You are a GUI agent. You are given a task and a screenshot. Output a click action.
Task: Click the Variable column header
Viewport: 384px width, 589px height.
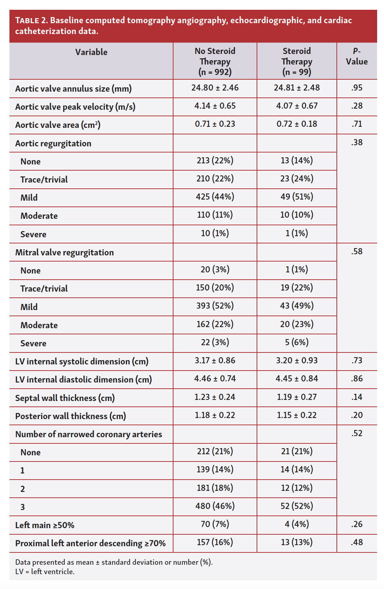[x=91, y=52]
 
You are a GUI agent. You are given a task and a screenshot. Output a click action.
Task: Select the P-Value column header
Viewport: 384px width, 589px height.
[x=356, y=57]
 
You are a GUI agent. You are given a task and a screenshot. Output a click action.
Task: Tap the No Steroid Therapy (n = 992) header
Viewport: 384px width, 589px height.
[x=215, y=61]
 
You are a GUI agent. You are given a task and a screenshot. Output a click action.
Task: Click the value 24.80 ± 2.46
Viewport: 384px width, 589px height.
[x=215, y=88]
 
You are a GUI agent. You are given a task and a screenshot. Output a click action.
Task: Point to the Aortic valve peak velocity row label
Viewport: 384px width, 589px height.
[x=75, y=107]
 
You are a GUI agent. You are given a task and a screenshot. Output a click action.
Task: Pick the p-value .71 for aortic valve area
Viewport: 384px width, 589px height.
[x=356, y=124]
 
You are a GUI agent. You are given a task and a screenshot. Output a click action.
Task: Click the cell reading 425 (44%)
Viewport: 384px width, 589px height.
[x=215, y=197]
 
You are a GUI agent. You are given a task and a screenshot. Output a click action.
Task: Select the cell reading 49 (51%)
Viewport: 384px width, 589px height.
[x=297, y=197]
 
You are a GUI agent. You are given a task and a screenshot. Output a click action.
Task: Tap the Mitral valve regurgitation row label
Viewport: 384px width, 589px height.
[x=64, y=252]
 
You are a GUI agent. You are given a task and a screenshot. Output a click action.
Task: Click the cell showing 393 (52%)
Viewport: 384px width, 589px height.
[x=215, y=306]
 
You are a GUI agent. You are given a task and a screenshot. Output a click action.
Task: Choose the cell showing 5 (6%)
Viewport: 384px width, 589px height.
[x=297, y=342]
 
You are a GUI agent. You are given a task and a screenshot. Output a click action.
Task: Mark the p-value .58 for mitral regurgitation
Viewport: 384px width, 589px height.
[x=356, y=251]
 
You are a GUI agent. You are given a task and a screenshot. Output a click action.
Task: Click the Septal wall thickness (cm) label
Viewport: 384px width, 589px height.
[x=65, y=398]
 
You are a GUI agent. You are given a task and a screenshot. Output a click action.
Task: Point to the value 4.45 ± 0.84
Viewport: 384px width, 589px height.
[x=297, y=379]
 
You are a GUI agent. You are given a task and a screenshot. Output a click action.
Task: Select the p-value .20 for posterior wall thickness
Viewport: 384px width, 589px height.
[x=356, y=415]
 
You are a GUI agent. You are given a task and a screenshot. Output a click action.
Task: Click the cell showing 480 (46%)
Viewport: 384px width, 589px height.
[x=215, y=506]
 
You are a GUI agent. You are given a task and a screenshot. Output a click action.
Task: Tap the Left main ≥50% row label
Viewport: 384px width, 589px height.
[x=45, y=525]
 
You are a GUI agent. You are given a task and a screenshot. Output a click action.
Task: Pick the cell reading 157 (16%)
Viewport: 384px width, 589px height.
[x=215, y=542]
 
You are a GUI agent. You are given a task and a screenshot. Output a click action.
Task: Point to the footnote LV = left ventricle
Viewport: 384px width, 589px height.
[x=45, y=572]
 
